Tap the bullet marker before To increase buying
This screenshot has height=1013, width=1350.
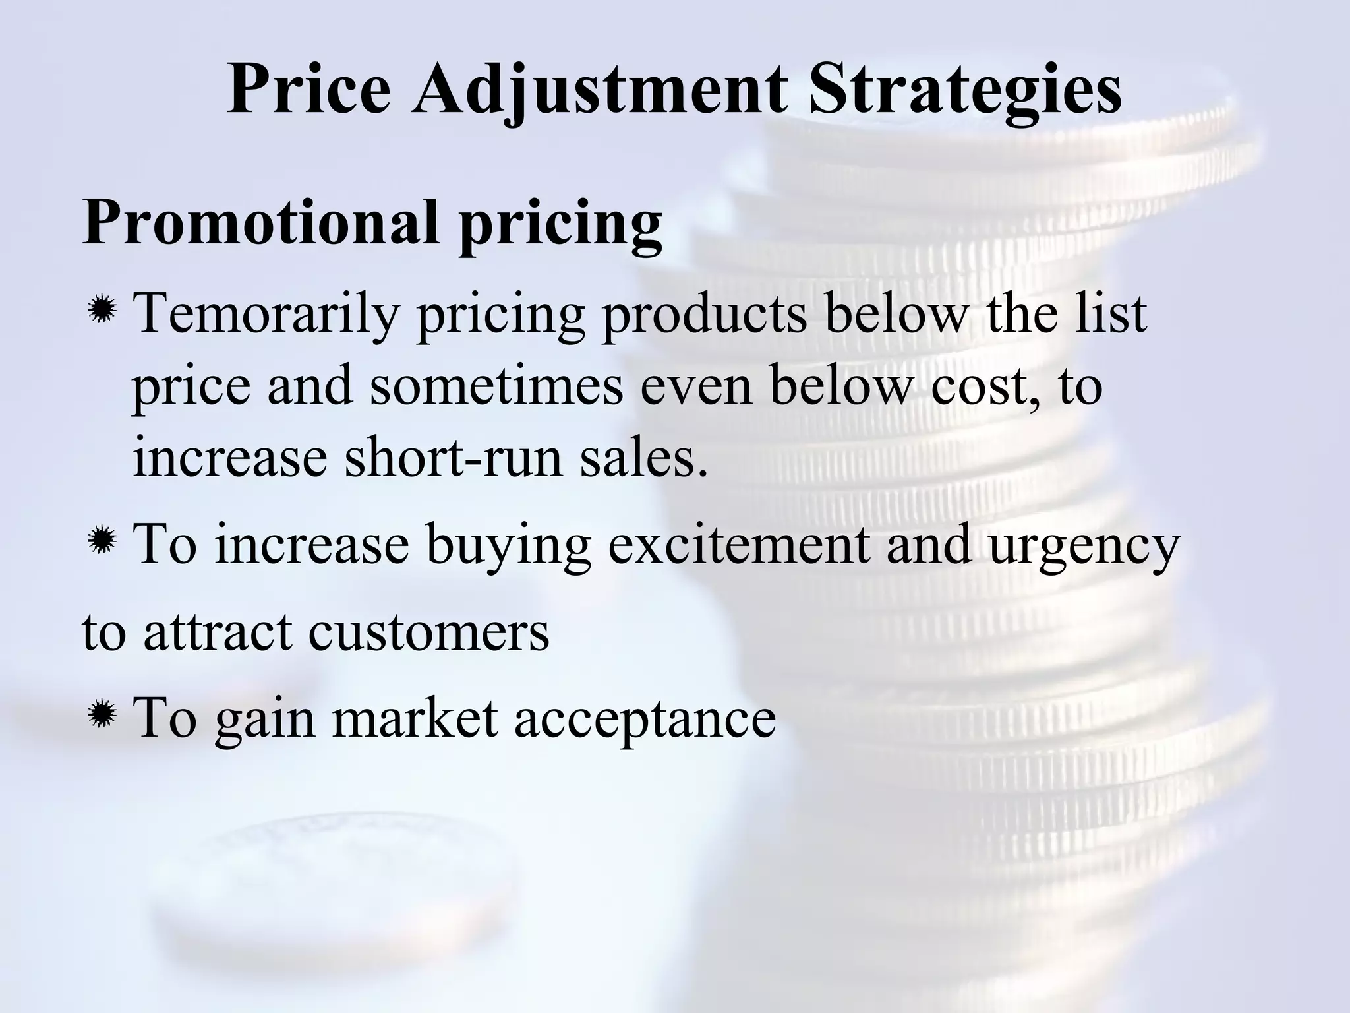pos(102,542)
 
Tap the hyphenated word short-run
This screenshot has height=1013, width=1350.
pos(454,456)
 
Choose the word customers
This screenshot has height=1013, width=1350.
pos(428,631)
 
